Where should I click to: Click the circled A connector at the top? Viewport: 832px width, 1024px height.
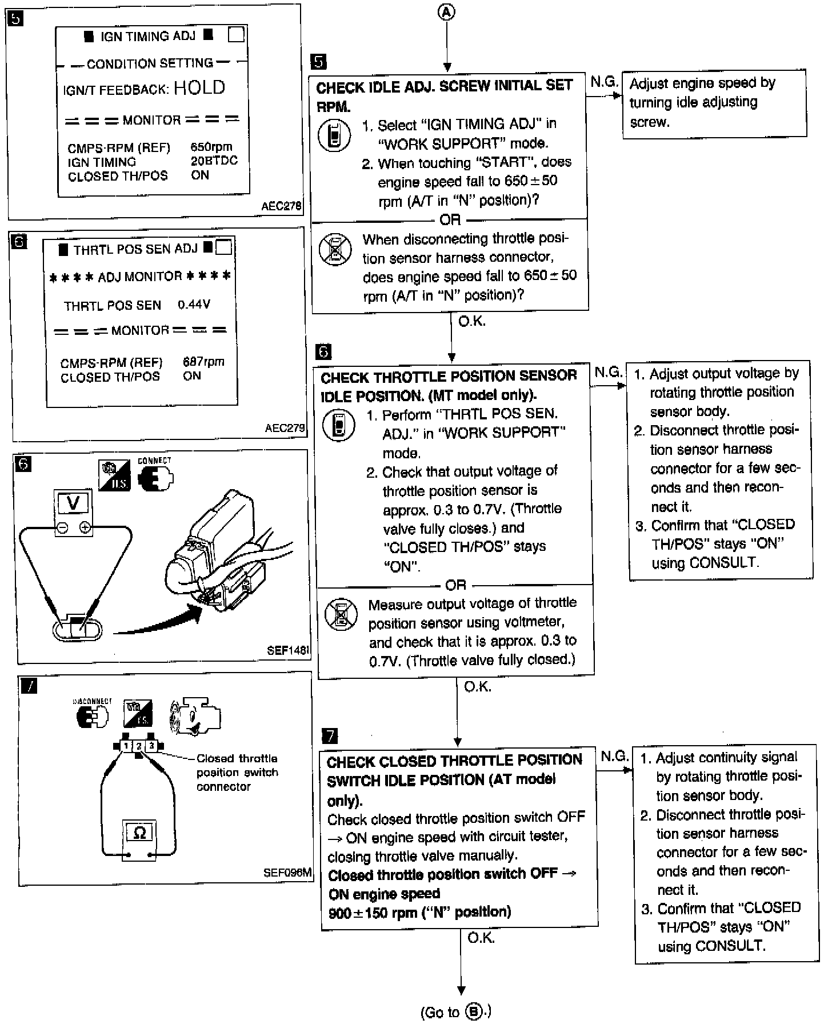(x=447, y=12)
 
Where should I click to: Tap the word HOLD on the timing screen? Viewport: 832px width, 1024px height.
(x=199, y=87)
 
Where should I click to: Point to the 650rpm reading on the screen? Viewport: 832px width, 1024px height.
(x=211, y=147)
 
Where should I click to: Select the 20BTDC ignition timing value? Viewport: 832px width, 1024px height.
(x=214, y=161)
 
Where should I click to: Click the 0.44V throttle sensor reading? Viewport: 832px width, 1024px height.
(x=194, y=305)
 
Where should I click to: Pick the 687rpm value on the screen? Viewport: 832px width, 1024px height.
(x=203, y=362)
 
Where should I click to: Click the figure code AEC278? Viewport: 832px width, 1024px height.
(x=281, y=206)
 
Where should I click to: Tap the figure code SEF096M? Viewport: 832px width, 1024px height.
(x=287, y=873)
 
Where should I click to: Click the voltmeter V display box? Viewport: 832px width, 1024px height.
(x=73, y=503)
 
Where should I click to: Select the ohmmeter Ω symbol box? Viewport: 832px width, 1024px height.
(x=139, y=833)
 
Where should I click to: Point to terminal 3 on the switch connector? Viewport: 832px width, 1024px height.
(x=151, y=746)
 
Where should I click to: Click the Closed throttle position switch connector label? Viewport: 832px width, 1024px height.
(x=237, y=772)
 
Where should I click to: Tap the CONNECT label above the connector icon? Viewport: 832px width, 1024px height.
(x=154, y=461)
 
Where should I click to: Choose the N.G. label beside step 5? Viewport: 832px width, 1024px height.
(x=604, y=82)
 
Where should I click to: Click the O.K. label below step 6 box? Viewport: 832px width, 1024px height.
(x=478, y=686)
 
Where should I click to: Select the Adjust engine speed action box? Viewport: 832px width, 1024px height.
(x=714, y=103)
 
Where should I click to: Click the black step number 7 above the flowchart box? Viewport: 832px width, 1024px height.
(x=330, y=735)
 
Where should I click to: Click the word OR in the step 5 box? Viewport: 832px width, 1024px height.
(x=450, y=219)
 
